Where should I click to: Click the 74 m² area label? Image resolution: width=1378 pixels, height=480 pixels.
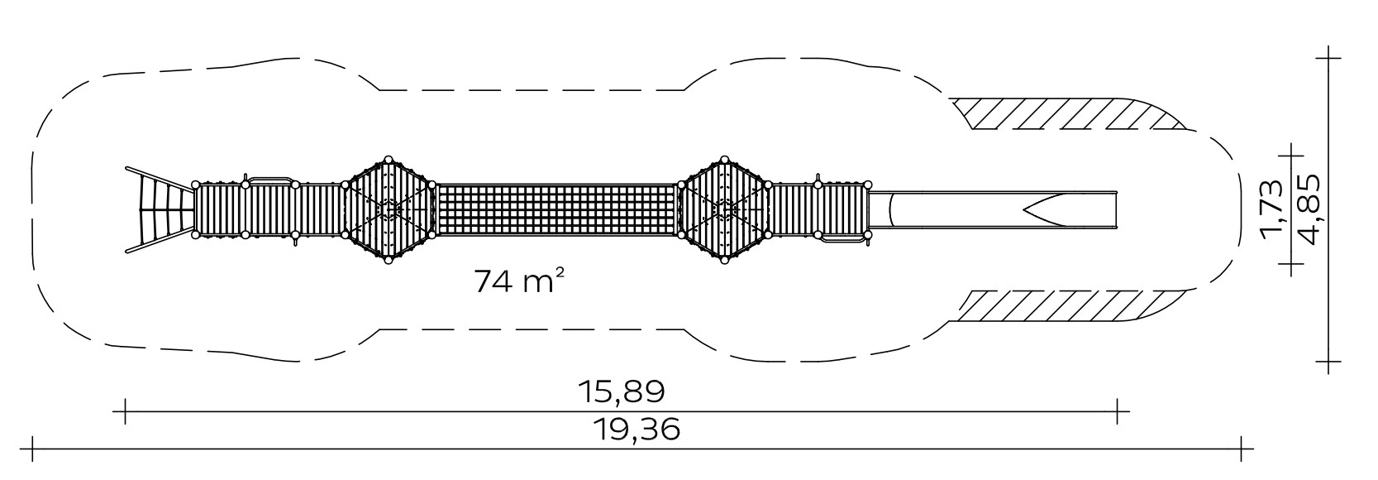tap(519, 281)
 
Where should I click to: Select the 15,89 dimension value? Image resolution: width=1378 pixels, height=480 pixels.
tap(622, 391)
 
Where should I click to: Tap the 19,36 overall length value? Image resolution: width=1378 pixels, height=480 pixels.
tap(637, 429)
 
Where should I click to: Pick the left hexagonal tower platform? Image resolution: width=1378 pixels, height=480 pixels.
tap(389, 209)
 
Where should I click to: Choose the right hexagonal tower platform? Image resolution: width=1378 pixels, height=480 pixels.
tap(723, 209)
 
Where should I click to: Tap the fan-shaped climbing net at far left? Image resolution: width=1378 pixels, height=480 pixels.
tap(160, 209)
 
